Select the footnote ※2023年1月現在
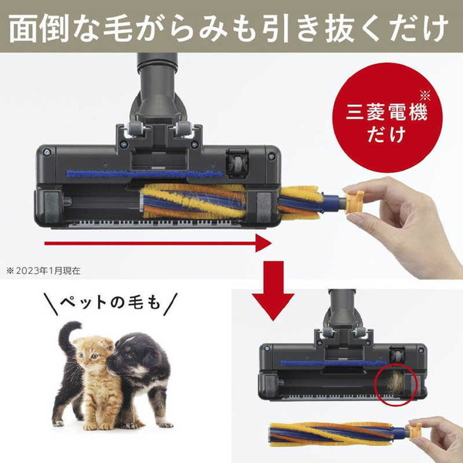(x=48, y=271)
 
